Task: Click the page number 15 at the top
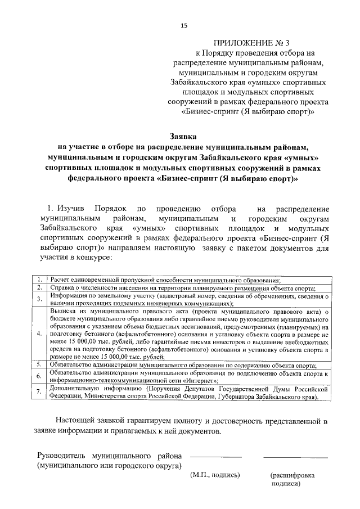tap(183, 25)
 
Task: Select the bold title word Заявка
tap(183, 136)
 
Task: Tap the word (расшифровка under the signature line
tap(292, 475)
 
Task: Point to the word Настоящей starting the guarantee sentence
tap(79, 420)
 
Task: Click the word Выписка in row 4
tap(64, 310)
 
